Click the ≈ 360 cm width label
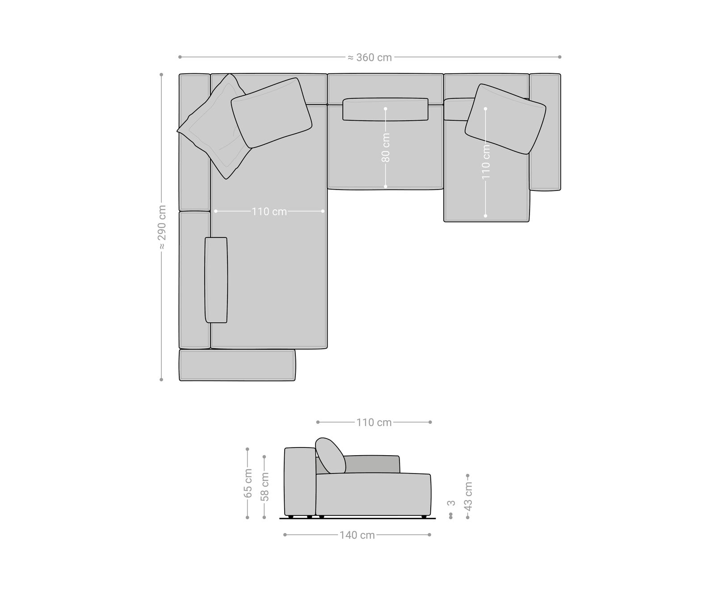[370, 57]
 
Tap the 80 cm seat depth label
[386, 148]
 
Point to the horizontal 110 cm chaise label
[269, 211]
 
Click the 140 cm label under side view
[357, 535]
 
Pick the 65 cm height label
[248, 483]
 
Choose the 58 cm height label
[265, 486]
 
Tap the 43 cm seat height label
[468, 496]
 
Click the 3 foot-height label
[451, 503]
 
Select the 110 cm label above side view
[374, 423]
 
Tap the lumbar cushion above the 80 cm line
[386, 109]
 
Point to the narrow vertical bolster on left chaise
[216, 280]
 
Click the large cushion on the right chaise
[505, 118]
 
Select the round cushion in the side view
[330, 455]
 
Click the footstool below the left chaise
[237, 365]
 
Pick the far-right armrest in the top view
[545, 132]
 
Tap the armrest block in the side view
[300, 481]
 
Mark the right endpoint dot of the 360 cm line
[559, 57]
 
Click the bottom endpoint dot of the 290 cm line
[161, 380]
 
